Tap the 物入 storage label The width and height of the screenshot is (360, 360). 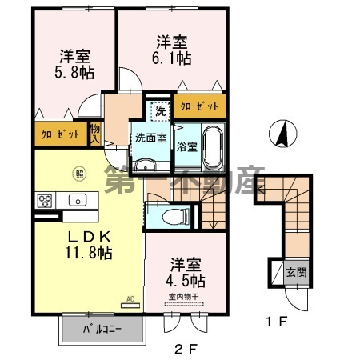[95, 133]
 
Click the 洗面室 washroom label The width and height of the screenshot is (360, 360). [150, 138]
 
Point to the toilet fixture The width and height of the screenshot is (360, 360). [170, 214]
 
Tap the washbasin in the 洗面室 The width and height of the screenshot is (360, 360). [145, 165]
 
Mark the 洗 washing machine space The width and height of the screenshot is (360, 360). [159, 110]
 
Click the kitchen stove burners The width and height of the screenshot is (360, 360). [44, 200]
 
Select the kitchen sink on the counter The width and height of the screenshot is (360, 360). [78, 199]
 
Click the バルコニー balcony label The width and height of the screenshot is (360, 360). [102, 330]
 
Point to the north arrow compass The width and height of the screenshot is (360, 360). [280, 133]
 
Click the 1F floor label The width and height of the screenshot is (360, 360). [275, 322]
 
